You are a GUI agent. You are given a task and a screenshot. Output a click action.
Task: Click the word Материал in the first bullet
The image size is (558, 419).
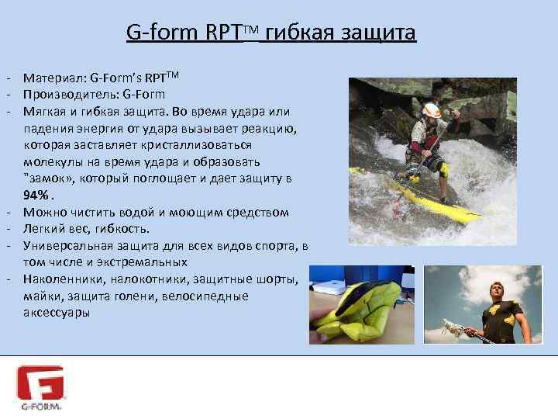coord(53,78)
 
